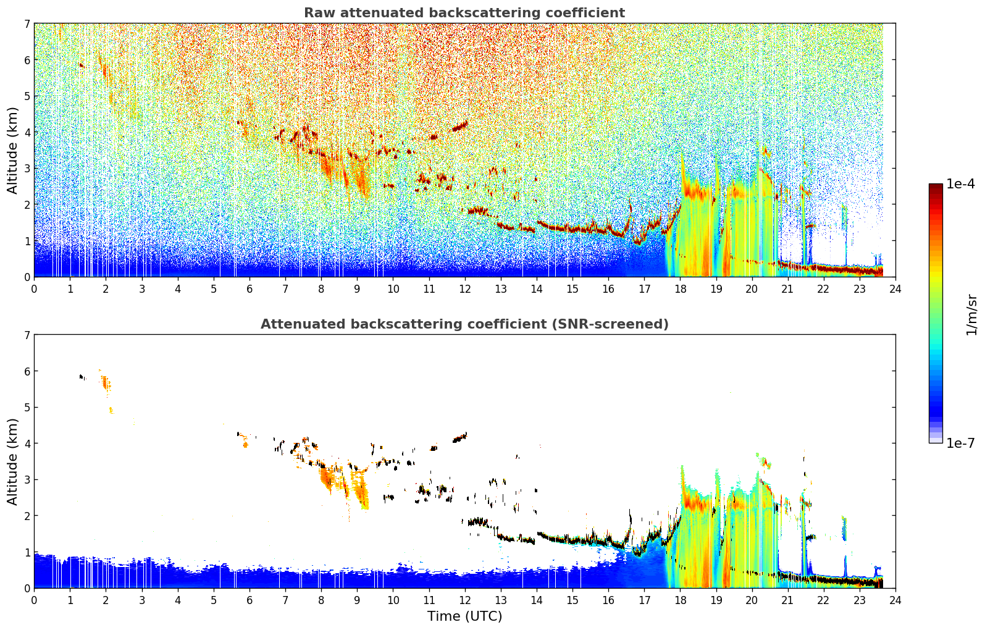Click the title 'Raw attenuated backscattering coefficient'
(464, 13)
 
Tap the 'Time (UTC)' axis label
(464, 616)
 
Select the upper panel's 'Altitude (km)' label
(12, 151)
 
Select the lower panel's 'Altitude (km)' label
(12, 461)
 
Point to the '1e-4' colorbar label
(960, 184)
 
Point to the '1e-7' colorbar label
(960, 443)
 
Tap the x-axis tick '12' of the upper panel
(465, 289)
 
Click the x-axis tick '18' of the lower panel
(681, 600)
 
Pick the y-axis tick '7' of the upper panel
(27, 23)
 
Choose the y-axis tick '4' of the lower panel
(27, 443)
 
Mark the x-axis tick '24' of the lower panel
(895, 600)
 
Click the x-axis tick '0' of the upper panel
(35, 289)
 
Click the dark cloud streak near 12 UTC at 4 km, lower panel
(460, 437)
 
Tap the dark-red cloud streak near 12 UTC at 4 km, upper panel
(460, 126)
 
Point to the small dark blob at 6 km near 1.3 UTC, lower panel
(82, 377)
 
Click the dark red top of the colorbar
(936, 187)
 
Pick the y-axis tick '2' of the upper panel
(27, 204)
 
